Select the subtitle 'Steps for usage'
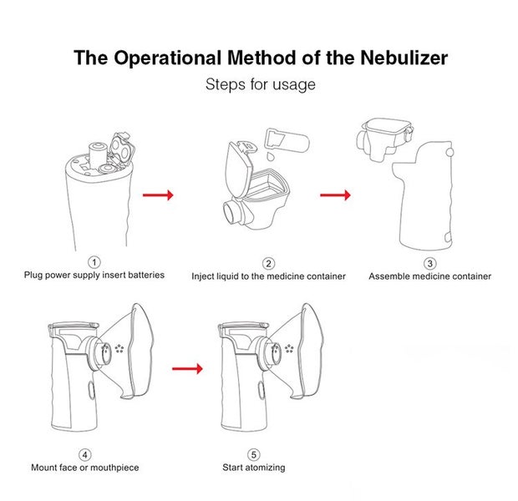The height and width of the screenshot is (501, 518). coord(260,84)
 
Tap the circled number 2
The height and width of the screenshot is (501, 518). coord(268,263)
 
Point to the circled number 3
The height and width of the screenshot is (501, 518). coord(429,263)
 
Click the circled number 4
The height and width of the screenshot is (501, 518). coord(84,454)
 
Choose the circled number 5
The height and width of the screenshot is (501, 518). coord(253,454)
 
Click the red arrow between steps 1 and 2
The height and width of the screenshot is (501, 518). coord(158,195)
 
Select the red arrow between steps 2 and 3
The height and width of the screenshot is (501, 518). coord(335,195)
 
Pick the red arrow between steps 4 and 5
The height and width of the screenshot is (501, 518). coord(187,367)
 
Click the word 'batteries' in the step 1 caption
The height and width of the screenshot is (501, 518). coord(145,275)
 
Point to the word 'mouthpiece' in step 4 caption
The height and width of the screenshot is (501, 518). coord(115,467)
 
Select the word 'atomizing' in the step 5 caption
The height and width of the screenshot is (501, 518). coord(265,467)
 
